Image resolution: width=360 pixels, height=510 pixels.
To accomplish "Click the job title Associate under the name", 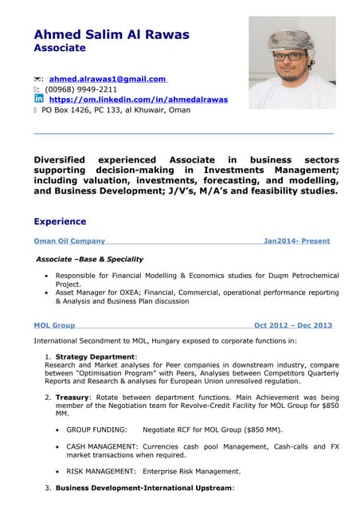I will click(59, 49).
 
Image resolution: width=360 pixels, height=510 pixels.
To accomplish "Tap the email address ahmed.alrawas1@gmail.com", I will click(107, 79).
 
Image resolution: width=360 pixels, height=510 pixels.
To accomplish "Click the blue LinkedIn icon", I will click(38, 99).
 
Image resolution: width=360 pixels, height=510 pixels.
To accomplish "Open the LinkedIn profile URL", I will click(138, 100).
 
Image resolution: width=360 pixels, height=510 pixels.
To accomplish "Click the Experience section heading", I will click(60, 222).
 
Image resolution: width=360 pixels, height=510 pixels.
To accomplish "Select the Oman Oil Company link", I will click(69, 241).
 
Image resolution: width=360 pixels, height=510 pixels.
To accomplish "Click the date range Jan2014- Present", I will click(296, 241).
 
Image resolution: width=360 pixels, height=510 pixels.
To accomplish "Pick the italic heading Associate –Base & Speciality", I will click(90, 259).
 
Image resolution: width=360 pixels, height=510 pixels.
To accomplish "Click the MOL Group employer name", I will click(54, 325).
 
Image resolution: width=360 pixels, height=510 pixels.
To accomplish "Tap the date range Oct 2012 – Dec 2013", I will click(292, 325).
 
